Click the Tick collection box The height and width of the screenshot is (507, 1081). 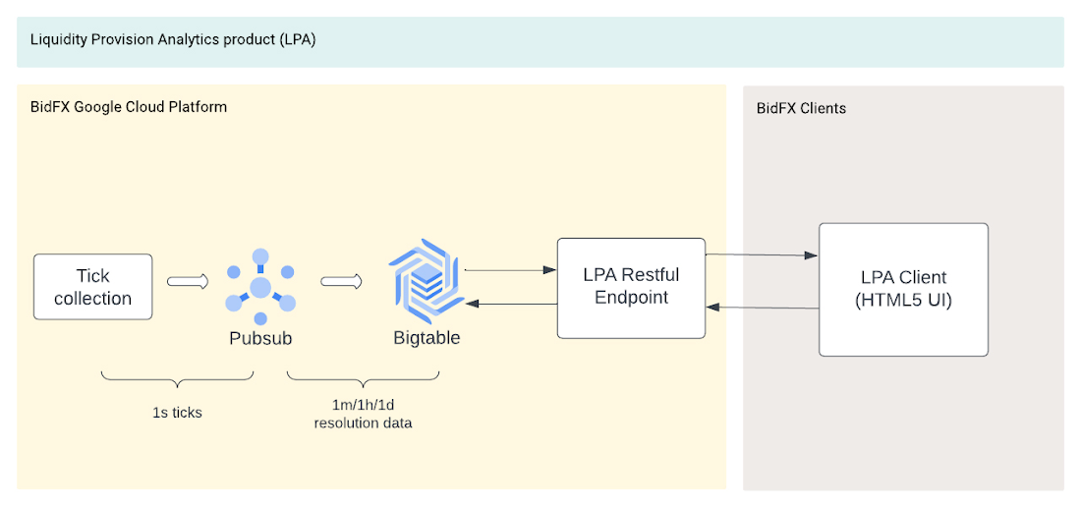tap(93, 287)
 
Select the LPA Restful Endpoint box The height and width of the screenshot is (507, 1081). tap(631, 288)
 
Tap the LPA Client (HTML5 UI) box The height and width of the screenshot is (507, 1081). tap(903, 289)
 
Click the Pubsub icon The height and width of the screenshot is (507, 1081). tap(260, 287)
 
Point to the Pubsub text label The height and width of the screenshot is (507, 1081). tap(260, 338)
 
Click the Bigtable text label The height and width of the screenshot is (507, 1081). tap(427, 338)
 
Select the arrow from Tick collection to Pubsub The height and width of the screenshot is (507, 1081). tap(188, 281)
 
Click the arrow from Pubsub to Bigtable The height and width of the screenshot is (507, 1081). tap(341, 281)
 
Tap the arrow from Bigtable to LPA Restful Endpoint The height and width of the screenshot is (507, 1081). tap(511, 269)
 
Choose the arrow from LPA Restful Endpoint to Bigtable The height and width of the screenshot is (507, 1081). tap(511, 303)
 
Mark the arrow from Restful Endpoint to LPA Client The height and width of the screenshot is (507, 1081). tap(762, 254)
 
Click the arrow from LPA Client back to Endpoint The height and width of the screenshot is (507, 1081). tap(762, 308)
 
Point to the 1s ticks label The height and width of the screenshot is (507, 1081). tap(177, 414)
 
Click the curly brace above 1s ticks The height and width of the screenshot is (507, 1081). tap(177, 380)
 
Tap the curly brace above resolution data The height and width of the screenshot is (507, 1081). tap(363, 380)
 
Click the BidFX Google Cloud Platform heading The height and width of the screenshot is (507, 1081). tap(129, 107)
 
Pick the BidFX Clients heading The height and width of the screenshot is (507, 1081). tap(801, 109)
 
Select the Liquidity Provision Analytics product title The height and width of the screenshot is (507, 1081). tap(173, 40)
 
